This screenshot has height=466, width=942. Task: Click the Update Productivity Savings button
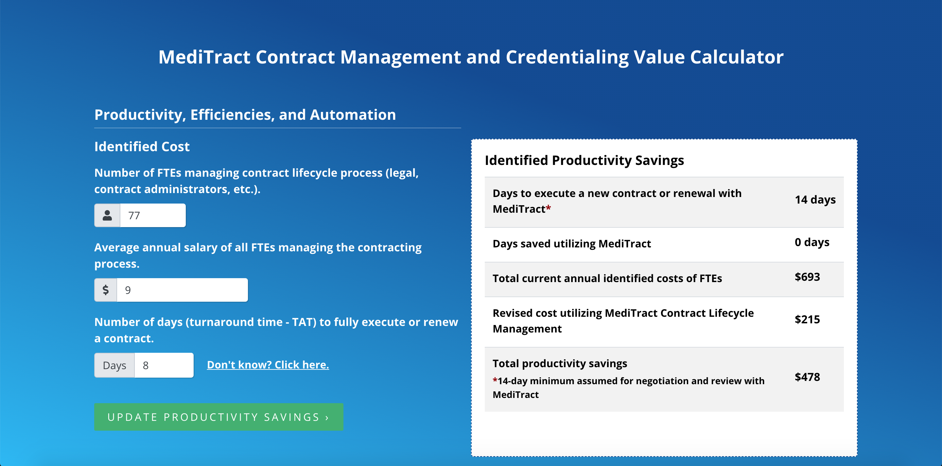(x=219, y=417)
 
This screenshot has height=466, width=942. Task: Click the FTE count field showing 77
(x=153, y=215)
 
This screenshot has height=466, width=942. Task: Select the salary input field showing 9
(x=182, y=290)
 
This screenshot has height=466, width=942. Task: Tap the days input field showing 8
(x=164, y=365)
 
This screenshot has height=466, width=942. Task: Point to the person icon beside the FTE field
(x=107, y=215)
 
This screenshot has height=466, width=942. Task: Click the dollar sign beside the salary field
(x=106, y=290)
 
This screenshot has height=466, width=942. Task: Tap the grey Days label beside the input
(x=114, y=365)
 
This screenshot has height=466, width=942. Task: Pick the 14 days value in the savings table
(x=815, y=200)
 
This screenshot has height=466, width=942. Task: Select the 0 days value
(x=812, y=242)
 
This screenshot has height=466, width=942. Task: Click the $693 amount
(x=807, y=277)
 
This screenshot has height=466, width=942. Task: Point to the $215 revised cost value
(x=807, y=319)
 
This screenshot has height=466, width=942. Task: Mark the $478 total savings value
(x=807, y=377)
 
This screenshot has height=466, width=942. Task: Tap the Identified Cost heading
(x=142, y=146)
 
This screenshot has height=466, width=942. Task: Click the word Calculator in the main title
(x=737, y=57)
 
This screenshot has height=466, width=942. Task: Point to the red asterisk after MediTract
(x=548, y=207)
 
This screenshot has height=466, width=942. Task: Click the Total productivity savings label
(x=560, y=363)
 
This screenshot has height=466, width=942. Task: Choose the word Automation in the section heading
(x=353, y=115)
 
